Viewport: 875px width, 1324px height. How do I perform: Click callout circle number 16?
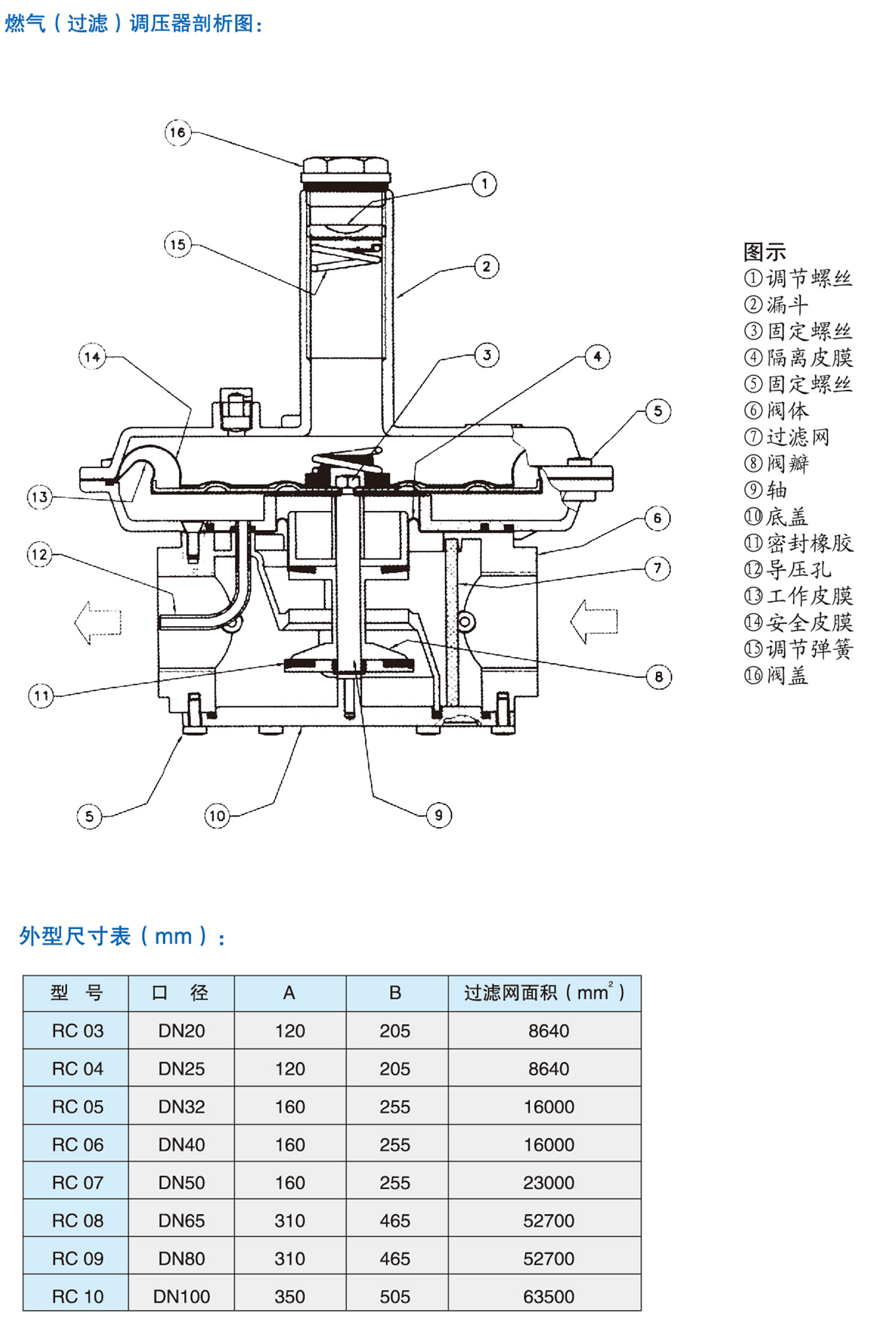(x=177, y=132)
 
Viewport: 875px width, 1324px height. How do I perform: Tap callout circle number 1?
(x=484, y=184)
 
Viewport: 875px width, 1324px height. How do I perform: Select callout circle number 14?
(x=92, y=357)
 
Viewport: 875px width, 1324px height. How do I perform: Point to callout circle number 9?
(x=439, y=815)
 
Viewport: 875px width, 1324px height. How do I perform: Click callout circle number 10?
(x=216, y=816)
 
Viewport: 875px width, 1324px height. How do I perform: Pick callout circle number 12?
(x=39, y=554)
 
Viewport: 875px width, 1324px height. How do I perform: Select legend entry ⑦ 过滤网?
(x=787, y=437)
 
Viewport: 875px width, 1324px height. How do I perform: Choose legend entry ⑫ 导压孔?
(x=787, y=569)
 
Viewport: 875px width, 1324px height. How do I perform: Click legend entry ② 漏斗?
(x=776, y=305)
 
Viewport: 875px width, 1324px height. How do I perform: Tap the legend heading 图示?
(x=764, y=252)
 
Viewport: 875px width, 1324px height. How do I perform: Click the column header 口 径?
(x=180, y=992)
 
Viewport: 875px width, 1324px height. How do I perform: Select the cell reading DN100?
(x=181, y=1296)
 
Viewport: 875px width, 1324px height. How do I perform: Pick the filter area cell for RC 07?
(x=548, y=1182)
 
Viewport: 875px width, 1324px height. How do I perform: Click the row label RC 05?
(x=78, y=1107)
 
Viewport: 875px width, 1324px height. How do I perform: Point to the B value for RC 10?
(x=395, y=1296)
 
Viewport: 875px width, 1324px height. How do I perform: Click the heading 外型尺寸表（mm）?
(x=122, y=936)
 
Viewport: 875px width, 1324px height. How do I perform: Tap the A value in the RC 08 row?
(x=289, y=1221)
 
